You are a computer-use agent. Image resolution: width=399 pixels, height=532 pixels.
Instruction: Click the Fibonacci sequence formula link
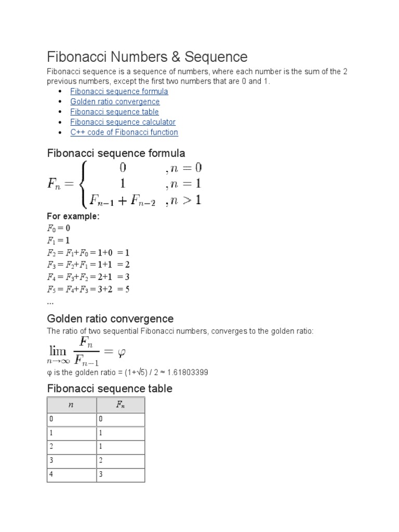(119, 91)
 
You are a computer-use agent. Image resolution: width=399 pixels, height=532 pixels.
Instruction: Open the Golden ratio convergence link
(115, 102)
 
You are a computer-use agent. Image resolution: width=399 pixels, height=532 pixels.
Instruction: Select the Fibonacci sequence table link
(114, 112)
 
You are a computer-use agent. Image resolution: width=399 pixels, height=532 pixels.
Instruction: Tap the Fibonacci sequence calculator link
(123, 122)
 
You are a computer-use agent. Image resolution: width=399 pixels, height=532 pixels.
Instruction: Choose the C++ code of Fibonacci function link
(124, 132)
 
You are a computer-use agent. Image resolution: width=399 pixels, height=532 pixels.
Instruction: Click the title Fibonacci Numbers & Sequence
(147, 57)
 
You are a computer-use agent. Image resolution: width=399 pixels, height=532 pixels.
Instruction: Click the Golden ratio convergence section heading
(110, 318)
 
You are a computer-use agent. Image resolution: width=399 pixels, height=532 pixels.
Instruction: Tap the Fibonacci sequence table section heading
(110, 389)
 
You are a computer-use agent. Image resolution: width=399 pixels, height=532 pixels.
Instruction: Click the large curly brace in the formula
(83, 183)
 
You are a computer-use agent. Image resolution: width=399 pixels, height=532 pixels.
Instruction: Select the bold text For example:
(73, 217)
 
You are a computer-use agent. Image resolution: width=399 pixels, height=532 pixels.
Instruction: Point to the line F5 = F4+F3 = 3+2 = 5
(88, 289)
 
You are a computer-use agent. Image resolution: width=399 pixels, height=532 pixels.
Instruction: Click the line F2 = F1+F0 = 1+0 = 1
(88, 252)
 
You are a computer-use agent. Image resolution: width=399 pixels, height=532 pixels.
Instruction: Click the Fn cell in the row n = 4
(120, 474)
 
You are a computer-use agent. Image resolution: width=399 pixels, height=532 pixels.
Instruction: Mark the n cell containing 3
(71, 460)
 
